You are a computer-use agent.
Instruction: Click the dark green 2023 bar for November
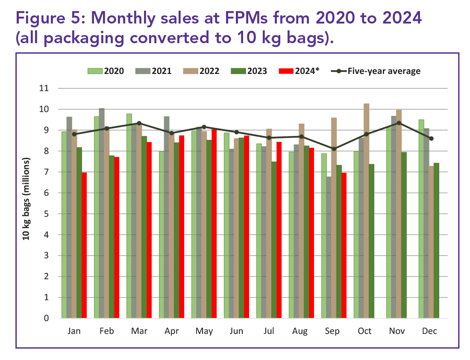pyautogui.click(x=404, y=235)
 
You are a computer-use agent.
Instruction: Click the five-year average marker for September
pyautogui.click(x=334, y=149)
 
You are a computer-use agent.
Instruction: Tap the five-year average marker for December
pyautogui.click(x=431, y=139)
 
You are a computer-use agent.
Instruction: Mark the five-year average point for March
pyautogui.click(x=139, y=123)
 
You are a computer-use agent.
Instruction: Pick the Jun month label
pyautogui.click(x=236, y=331)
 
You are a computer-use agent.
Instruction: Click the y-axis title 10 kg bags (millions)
pyautogui.click(x=26, y=199)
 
